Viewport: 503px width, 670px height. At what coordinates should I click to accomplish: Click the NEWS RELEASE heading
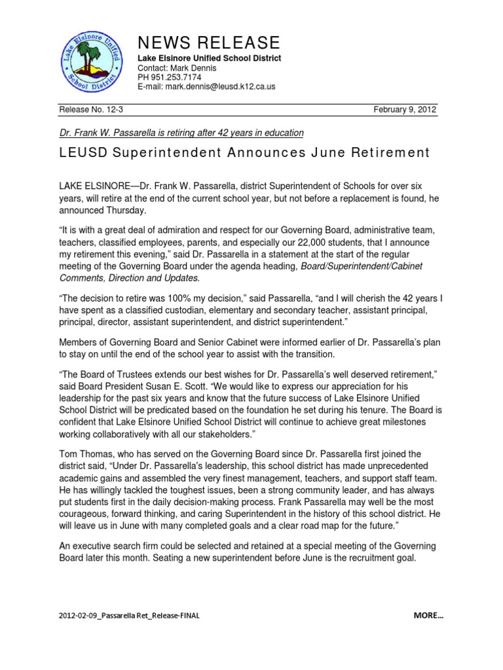pyautogui.click(x=208, y=43)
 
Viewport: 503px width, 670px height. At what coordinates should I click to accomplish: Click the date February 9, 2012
pyautogui.click(x=405, y=110)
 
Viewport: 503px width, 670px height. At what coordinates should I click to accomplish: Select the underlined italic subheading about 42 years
pyautogui.click(x=181, y=133)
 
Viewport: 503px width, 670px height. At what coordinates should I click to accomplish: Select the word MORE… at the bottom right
pyautogui.click(x=428, y=616)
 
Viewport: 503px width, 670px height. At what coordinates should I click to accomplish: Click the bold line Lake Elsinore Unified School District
pyautogui.click(x=209, y=58)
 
